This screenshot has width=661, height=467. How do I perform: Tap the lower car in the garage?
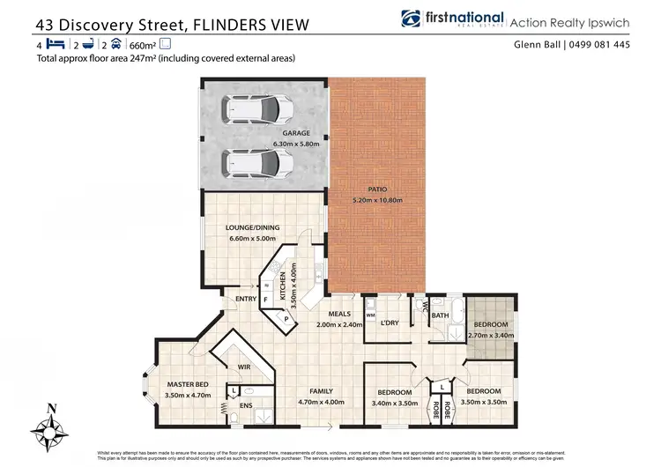point(257,163)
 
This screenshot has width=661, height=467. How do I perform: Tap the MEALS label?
point(340,314)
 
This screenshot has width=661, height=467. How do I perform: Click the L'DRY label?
point(390,323)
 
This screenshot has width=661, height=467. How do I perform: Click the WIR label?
point(245,367)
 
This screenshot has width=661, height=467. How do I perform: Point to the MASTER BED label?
point(188,384)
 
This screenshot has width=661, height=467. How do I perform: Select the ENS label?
point(246,407)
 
